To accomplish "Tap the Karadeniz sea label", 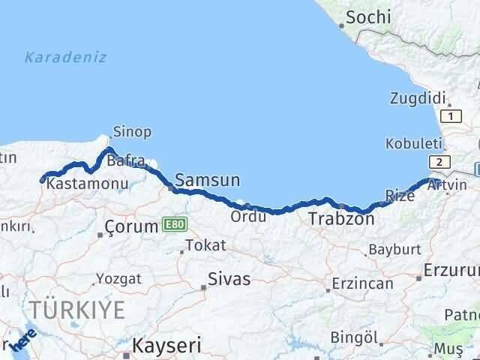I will (65, 57).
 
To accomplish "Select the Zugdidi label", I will (418, 97).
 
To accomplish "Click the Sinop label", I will (131, 132).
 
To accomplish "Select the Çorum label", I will (131, 225).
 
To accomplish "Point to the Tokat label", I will (205, 245).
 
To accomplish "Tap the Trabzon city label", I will (340, 219).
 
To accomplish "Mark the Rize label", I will (399, 196).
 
